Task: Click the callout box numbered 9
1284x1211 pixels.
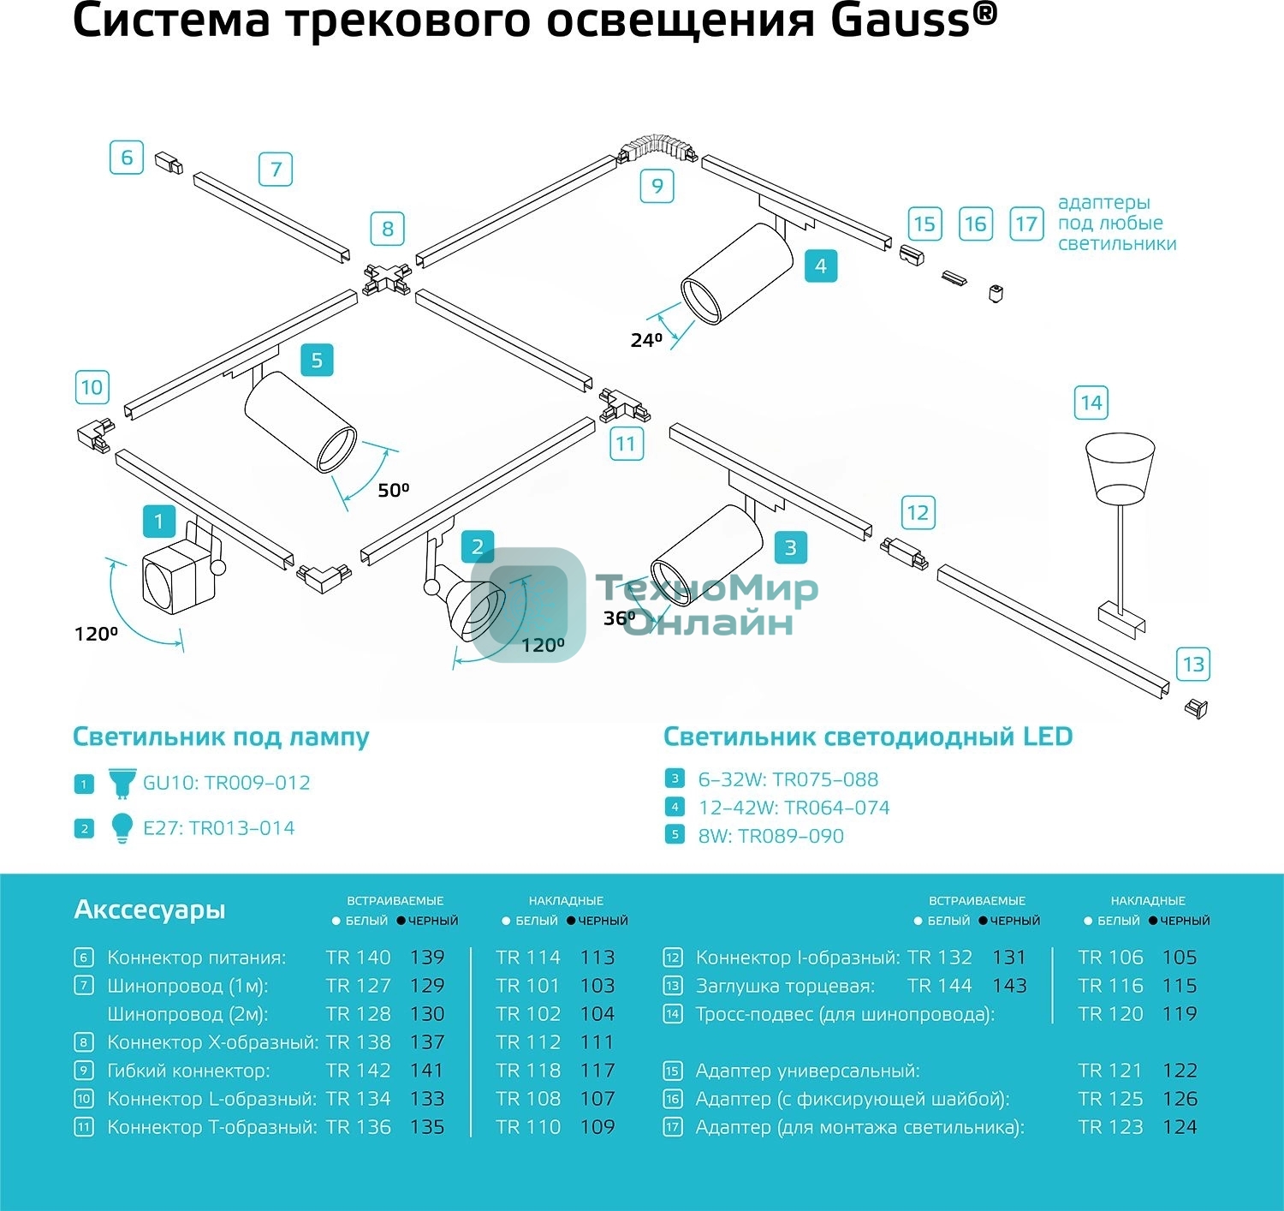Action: click(657, 186)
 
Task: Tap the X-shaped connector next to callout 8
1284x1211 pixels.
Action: click(386, 277)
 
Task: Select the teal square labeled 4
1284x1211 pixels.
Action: click(820, 265)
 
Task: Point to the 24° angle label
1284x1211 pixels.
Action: click(646, 340)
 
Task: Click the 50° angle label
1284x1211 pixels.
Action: click(394, 490)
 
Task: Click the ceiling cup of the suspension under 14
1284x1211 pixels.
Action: click(1120, 468)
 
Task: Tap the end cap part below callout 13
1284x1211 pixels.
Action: click(1196, 708)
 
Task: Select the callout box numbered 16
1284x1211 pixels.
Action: click(975, 224)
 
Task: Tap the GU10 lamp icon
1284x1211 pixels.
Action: click(122, 782)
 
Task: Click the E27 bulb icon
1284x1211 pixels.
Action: click(122, 827)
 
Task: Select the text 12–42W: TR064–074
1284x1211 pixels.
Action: click(794, 808)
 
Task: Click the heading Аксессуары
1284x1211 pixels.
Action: click(150, 909)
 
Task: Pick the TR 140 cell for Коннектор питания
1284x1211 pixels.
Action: click(358, 957)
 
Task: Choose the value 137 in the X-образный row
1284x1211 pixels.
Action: click(426, 1042)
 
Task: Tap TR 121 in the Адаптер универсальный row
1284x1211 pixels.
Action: click(1110, 1071)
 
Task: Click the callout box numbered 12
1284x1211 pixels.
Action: click(918, 513)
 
